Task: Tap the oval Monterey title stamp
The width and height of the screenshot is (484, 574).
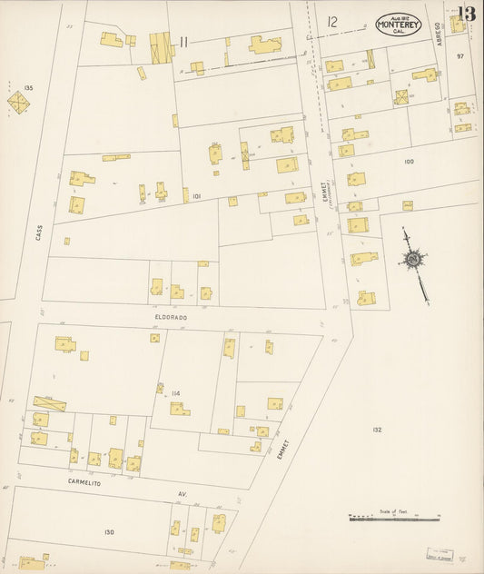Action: tap(399, 24)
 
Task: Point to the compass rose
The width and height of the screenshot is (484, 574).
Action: tap(413, 260)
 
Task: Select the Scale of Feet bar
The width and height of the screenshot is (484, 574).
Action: tap(394, 519)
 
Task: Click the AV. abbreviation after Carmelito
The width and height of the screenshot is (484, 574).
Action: tap(182, 494)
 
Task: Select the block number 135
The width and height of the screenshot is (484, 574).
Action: tap(28, 88)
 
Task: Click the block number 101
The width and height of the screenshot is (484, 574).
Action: tap(196, 194)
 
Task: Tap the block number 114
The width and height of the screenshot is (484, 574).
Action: tap(175, 393)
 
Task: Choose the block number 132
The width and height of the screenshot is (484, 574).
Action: tap(376, 429)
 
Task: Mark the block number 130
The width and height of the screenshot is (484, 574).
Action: tap(110, 531)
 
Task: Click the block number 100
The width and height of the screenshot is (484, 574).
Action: tap(409, 161)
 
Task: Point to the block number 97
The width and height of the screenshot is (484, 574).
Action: tap(460, 56)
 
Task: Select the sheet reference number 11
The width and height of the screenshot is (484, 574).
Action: tap(183, 41)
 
